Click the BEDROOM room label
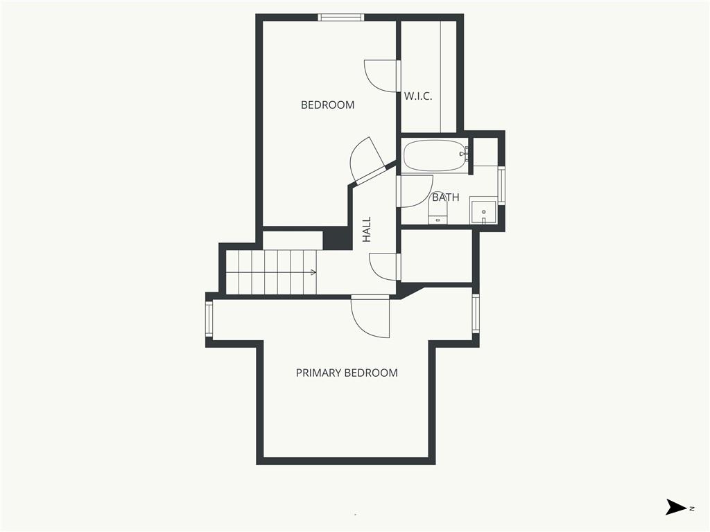coord(327,105)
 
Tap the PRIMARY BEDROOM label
coord(347,373)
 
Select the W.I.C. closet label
coord(418,96)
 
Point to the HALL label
coord(366,229)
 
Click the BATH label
coord(446,197)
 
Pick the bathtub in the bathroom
coord(434,156)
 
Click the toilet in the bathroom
coord(438,210)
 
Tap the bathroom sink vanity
coord(483,210)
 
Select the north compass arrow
coord(676,507)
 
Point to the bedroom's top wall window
coord(341,17)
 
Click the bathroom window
coord(501,186)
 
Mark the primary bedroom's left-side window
coord(209,319)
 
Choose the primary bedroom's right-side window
coord(476,314)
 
